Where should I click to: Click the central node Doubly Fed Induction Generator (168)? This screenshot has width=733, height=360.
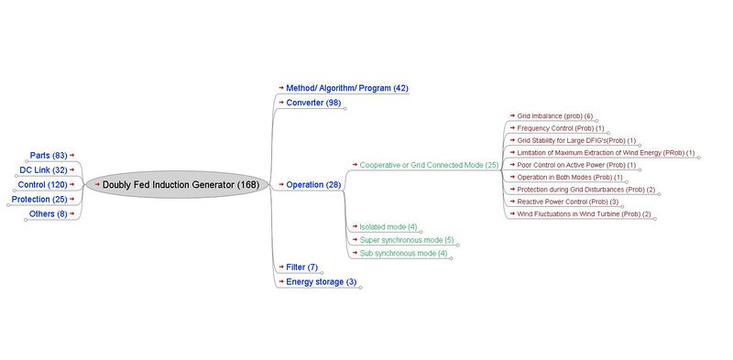pyautogui.click(x=181, y=184)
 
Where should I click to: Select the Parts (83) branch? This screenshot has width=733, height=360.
pyautogui.click(x=48, y=156)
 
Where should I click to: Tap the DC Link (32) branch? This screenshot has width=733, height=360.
pyautogui.click(x=43, y=169)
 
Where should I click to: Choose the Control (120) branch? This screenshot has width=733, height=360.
pyautogui.click(x=42, y=184)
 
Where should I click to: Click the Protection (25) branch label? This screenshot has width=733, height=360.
pyautogui.click(x=38, y=199)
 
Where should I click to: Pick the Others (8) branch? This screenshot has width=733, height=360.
pyautogui.click(x=48, y=213)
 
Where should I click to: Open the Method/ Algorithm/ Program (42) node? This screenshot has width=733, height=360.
pyautogui.click(x=346, y=88)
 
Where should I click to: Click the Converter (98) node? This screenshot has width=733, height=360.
pyautogui.click(x=313, y=103)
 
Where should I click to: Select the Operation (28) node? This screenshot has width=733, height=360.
pyautogui.click(x=313, y=184)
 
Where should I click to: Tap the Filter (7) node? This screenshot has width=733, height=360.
pyautogui.click(x=301, y=267)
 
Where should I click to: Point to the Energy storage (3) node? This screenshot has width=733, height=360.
pyautogui.click(x=321, y=281)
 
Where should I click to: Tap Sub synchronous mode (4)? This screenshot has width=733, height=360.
pyautogui.click(x=403, y=253)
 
